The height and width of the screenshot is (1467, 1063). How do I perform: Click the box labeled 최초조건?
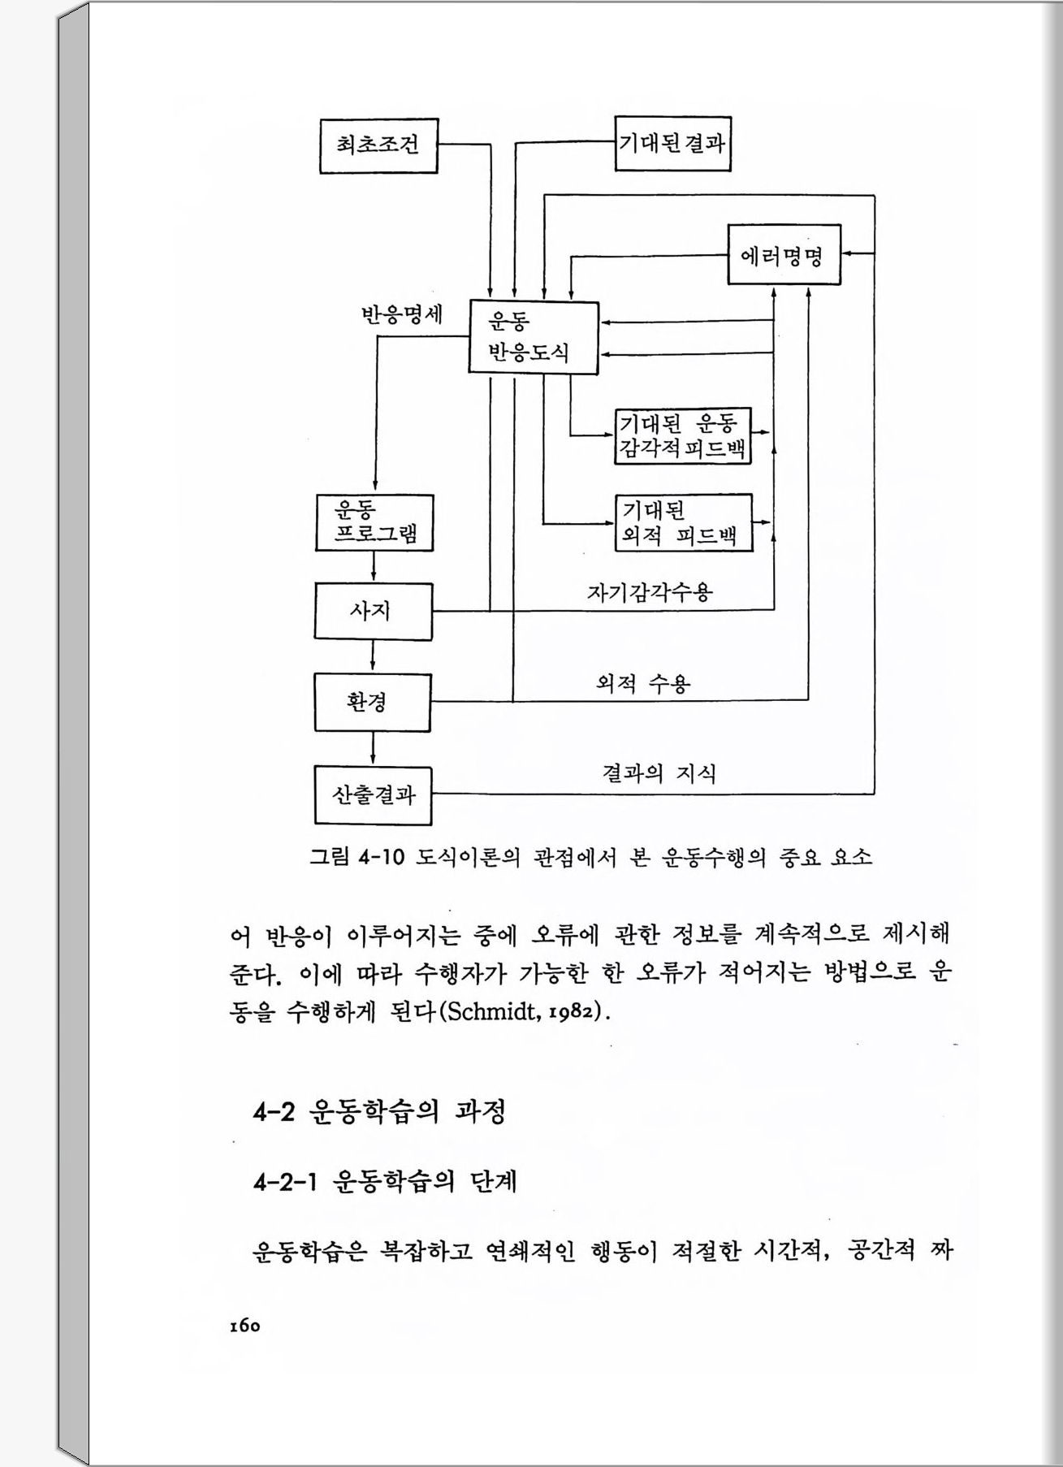click(x=378, y=145)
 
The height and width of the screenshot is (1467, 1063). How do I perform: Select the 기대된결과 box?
click(x=672, y=143)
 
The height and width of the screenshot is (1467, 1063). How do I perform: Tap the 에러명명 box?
click(x=784, y=254)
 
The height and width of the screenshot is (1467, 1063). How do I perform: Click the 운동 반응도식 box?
click(x=534, y=338)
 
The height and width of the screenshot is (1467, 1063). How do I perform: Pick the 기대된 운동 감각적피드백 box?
click(x=682, y=435)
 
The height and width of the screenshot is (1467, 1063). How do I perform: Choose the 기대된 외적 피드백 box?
click(x=683, y=522)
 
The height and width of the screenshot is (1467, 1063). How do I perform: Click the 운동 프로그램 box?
click(x=374, y=522)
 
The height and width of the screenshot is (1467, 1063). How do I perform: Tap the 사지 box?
click(x=373, y=611)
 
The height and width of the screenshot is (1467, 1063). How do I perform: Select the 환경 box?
click(x=372, y=702)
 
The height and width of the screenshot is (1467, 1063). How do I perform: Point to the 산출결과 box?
click(x=373, y=795)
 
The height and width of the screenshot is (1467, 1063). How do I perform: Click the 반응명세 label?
click(x=402, y=314)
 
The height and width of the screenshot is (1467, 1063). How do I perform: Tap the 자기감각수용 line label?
click(x=650, y=591)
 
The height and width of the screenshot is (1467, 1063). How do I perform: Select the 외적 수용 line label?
click(x=643, y=684)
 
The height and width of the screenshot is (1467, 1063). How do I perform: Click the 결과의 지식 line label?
click(x=659, y=772)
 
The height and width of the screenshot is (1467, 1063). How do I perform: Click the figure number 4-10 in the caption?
click(x=381, y=857)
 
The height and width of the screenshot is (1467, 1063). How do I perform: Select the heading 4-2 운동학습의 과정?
click(x=379, y=1110)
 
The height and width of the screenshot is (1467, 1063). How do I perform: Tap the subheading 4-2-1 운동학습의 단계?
click(x=385, y=1181)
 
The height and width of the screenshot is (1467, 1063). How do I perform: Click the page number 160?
click(x=244, y=1326)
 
